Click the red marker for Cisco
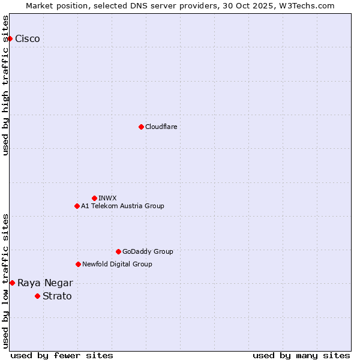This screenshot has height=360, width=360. pyautogui.click(x=10, y=38)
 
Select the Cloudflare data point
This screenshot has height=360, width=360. pyautogui.click(x=141, y=127)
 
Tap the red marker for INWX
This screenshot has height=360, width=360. pyautogui.click(x=94, y=198)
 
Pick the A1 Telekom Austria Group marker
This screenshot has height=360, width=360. pyautogui.click(x=77, y=206)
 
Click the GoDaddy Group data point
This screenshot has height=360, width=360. pyautogui.click(x=118, y=251)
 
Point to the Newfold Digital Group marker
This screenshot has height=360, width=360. pyautogui.click(x=78, y=264)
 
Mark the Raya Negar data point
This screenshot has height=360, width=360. pyautogui.click(x=12, y=283)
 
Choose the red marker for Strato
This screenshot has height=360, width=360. pyautogui.click(x=37, y=296)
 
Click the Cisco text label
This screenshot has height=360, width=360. pyautogui.click(x=28, y=39)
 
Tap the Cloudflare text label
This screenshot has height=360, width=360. pyautogui.click(x=161, y=127)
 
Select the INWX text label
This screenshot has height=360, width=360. pyautogui.click(x=107, y=198)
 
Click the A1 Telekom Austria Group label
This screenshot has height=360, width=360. pyautogui.click(x=122, y=206)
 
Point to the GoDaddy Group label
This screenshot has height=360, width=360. pyautogui.click(x=148, y=251)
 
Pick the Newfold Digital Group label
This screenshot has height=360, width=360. pyautogui.click(x=117, y=264)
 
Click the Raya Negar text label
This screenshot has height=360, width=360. pyautogui.click(x=45, y=283)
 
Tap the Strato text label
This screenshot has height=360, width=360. pyautogui.click(x=57, y=296)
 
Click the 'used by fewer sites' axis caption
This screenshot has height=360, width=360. pyautogui.click(x=62, y=355)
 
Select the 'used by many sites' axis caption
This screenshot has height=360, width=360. pyautogui.click(x=301, y=355)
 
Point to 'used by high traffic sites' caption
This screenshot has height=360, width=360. pyautogui.click(x=5, y=85)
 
